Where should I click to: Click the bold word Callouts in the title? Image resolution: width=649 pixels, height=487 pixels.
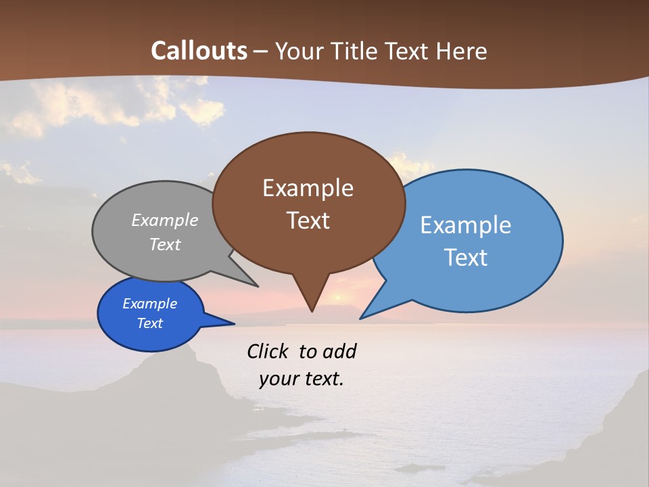[199, 51]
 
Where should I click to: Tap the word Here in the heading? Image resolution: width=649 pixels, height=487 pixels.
[462, 51]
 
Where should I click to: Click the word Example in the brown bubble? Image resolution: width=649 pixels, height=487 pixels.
[308, 188]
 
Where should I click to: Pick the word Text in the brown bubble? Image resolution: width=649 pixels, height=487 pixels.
[308, 221]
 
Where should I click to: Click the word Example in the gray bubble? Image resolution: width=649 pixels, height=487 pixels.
[165, 220]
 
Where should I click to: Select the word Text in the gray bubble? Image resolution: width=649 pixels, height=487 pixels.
[165, 244]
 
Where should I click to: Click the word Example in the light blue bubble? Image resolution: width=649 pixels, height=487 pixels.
[466, 225]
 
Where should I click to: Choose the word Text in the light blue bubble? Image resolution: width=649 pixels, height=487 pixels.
[466, 258]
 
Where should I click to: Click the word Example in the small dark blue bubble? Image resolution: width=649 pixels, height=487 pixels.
[149, 304]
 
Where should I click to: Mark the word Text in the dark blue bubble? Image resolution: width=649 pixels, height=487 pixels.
[149, 323]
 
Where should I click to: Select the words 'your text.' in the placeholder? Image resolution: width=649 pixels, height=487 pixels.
[302, 379]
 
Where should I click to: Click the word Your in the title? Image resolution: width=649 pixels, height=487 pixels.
[299, 51]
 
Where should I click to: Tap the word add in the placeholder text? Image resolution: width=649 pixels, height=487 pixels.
[339, 351]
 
